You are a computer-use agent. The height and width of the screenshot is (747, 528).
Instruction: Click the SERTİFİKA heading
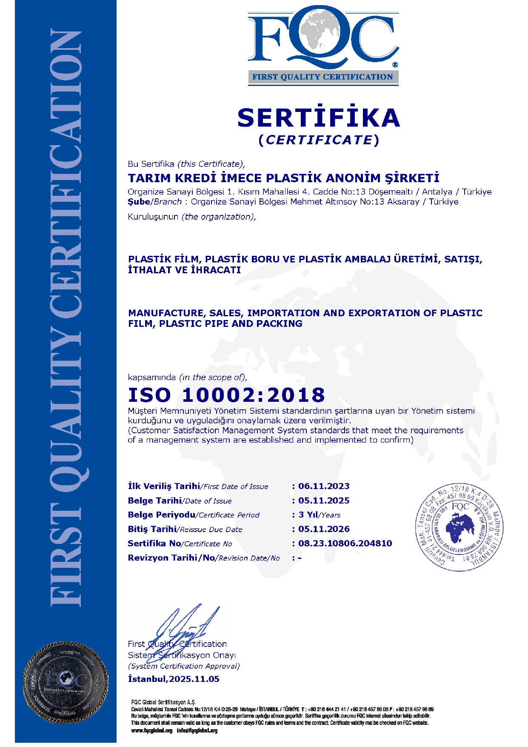click(x=319, y=118)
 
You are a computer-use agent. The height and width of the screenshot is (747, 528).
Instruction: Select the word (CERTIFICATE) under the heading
click(x=319, y=140)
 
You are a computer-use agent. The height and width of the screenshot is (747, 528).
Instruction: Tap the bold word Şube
click(x=139, y=202)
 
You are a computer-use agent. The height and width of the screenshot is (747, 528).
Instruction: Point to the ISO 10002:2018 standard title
click(x=226, y=395)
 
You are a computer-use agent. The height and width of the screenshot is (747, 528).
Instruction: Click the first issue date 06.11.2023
click(x=324, y=486)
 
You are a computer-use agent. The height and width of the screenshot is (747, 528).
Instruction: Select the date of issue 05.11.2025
click(x=324, y=501)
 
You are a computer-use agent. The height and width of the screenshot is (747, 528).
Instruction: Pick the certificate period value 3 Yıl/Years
click(x=319, y=515)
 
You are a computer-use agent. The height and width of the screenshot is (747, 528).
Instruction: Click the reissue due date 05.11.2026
click(x=324, y=529)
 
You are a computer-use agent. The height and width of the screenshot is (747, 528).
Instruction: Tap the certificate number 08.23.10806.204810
click(x=345, y=543)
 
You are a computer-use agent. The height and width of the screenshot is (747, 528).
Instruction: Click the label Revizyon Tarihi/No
click(x=171, y=558)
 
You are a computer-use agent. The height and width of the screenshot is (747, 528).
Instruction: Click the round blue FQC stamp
click(x=459, y=527)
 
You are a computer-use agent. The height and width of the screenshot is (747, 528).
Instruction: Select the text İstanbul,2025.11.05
click(x=174, y=679)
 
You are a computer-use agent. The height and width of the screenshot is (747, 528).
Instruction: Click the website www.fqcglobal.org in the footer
click(x=152, y=730)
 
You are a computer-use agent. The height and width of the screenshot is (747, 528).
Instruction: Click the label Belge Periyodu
click(x=161, y=515)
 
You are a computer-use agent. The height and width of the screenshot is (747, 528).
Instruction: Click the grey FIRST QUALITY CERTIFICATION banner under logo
click(x=323, y=77)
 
